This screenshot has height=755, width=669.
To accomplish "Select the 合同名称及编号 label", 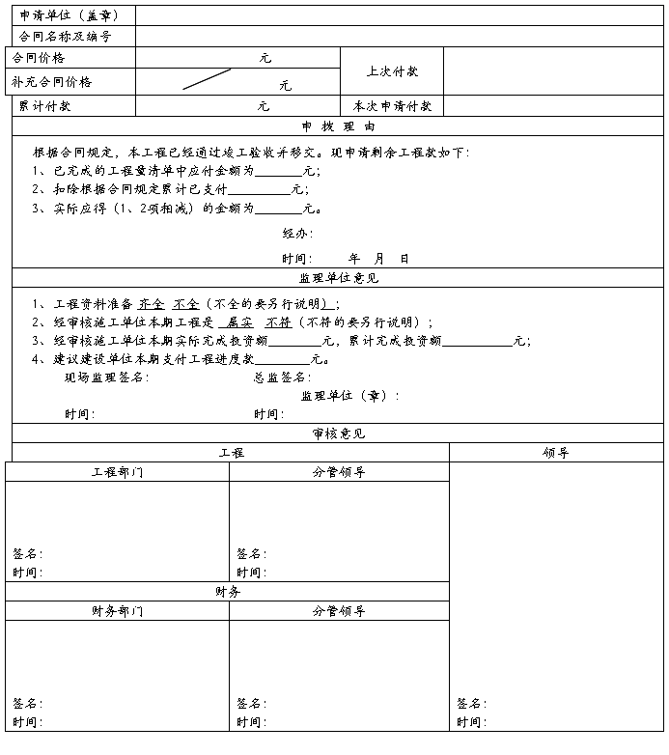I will (x=66, y=37).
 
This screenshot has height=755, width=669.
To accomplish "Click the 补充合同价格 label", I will (x=52, y=82).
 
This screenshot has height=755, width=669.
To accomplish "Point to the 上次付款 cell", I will (x=392, y=71).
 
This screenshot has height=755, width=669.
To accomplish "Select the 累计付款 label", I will (x=44, y=106).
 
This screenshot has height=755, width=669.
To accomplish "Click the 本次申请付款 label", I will (x=392, y=106).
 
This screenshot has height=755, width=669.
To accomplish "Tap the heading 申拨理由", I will (x=338, y=126).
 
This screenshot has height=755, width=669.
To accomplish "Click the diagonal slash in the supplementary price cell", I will (x=207, y=79).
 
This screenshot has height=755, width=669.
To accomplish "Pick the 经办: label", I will (x=297, y=233).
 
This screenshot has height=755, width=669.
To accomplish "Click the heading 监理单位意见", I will (x=339, y=278).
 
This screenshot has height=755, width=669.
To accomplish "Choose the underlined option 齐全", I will (x=152, y=303).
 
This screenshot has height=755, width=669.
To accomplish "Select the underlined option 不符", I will (x=278, y=322).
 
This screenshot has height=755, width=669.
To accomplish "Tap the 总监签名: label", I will (x=282, y=377).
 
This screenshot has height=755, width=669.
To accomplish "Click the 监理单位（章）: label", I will (x=349, y=395).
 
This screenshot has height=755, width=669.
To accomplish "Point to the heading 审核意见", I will (x=338, y=433).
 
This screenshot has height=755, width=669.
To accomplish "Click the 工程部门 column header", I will (x=117, y=472).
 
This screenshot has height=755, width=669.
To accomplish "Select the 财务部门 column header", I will (x=117, y=610).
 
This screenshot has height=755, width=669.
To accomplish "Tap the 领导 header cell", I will (x=556, y=452).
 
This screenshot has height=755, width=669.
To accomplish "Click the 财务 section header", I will (x=228, y=591).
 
